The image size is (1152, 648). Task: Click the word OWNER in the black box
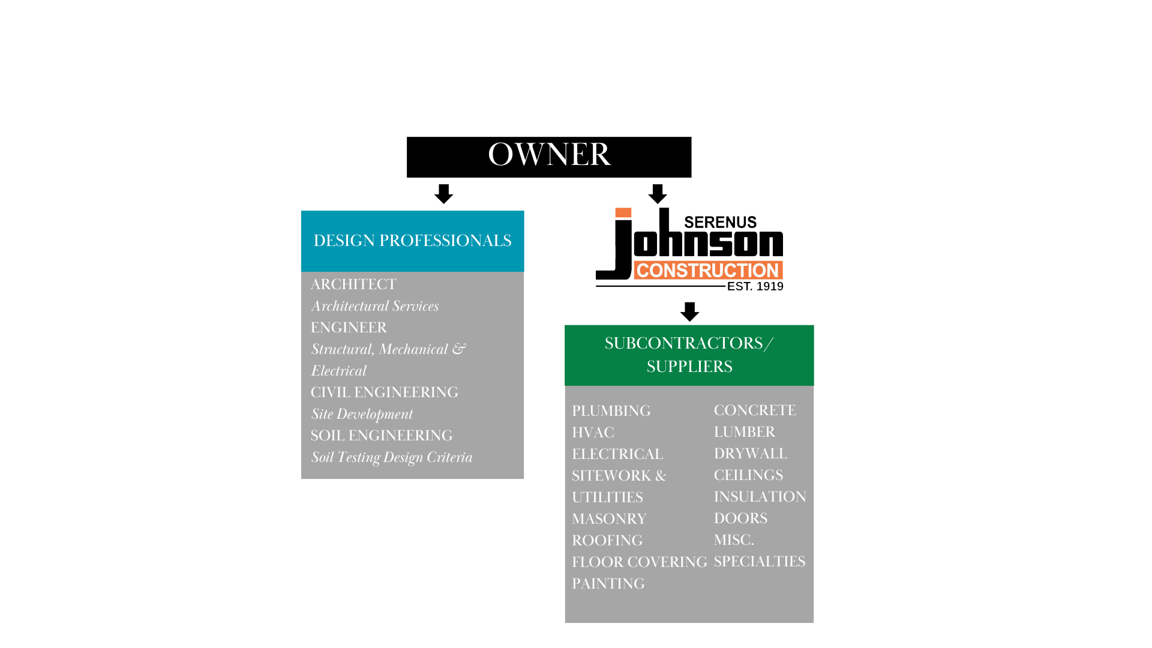click(549, 155)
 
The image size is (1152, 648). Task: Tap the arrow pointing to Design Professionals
click(444, 194)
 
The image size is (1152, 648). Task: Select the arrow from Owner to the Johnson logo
click(658, 194)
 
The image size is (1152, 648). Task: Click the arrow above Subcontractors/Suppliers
click(689, 311)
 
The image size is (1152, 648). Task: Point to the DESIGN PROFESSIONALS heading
click(412, 241)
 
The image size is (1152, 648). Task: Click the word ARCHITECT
click(353, 284)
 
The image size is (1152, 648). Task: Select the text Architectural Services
click(375, 306)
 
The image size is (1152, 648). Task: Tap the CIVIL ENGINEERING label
click(384, 392)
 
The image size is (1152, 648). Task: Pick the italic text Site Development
click(362, 414)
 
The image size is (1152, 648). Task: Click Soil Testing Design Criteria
click(391, 457)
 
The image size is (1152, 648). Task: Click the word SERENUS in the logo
click(720, 222)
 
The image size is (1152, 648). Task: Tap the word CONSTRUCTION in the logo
click(707, 271)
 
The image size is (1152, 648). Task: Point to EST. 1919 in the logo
click(755, 287)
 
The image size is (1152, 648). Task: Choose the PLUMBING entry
click(611, 411)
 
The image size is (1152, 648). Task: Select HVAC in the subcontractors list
click(593, 433)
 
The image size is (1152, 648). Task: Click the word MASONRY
click(609, 519)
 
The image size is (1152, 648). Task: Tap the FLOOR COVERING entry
click(639, 562)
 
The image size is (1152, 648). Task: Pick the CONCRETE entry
click(755, 410)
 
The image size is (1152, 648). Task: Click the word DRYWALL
click(750, 454)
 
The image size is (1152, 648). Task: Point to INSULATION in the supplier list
click(760, 497)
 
